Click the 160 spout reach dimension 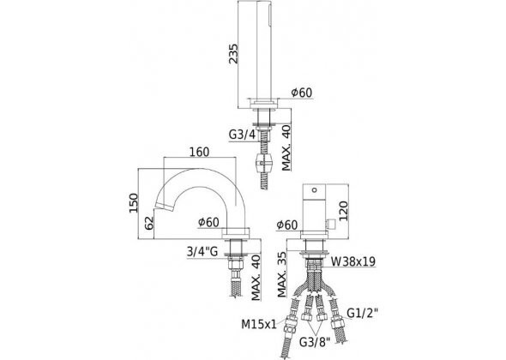pyautogui.click(x=199, y=153)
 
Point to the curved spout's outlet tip pyautogui.click(x=157, y=207)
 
